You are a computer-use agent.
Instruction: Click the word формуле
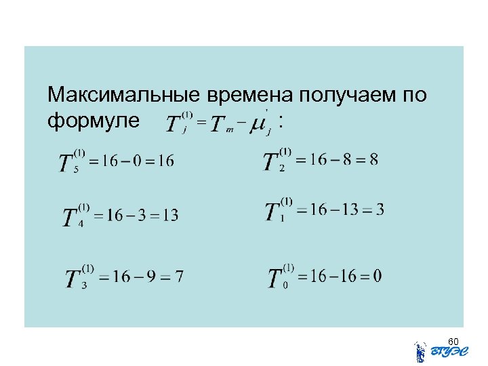94,122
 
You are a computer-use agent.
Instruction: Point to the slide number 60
453,341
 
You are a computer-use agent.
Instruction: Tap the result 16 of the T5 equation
165,161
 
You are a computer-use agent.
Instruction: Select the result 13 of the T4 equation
170,216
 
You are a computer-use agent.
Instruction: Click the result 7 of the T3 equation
179,277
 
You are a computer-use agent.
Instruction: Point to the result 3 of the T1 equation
380,209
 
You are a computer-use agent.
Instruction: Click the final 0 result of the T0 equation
377,276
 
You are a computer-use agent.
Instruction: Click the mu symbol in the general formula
258,124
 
